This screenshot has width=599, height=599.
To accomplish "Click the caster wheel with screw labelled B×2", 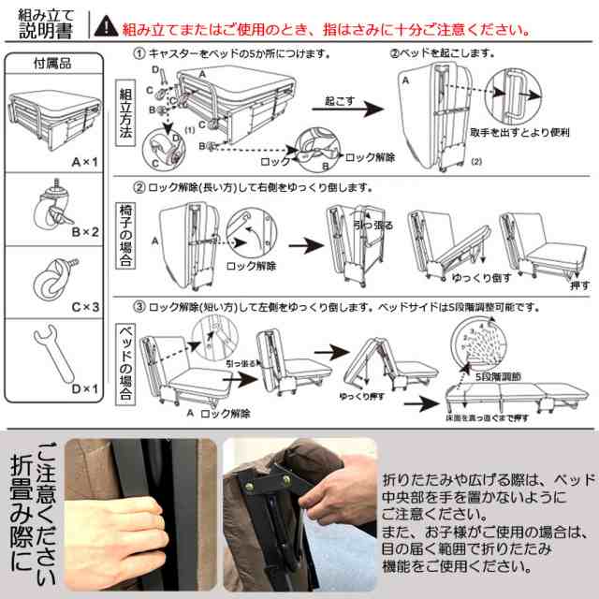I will click(49, 210).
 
